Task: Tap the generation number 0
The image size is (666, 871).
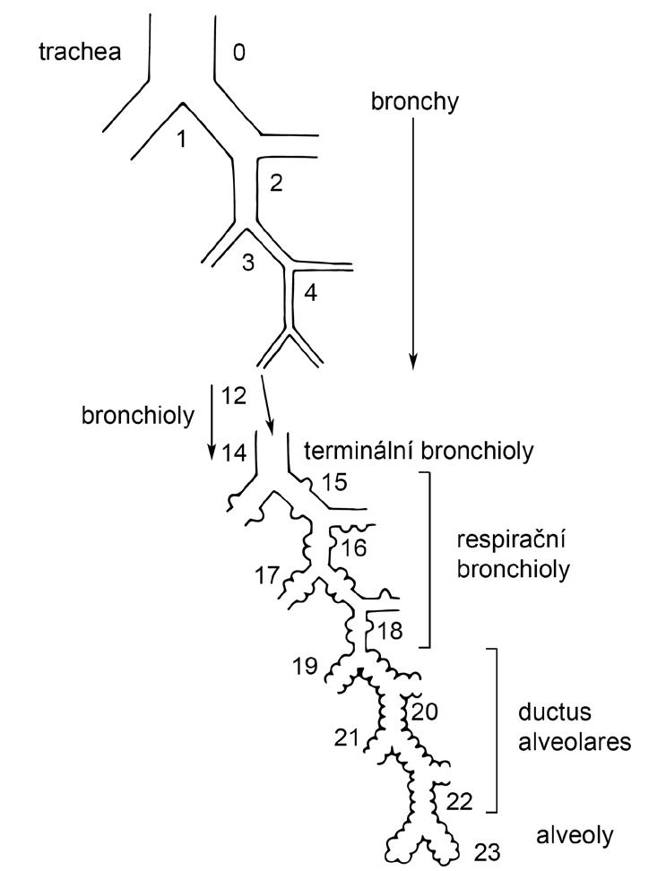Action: (238, 53)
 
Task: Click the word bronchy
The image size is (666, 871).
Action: (414, 101)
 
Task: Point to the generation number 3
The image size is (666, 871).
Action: (248, 263)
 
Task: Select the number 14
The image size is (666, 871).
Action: (234, 453)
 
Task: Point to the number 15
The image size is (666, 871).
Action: (333, 482)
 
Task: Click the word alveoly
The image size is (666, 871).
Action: (575, 835)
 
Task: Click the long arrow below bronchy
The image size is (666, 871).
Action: (413, 242)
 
